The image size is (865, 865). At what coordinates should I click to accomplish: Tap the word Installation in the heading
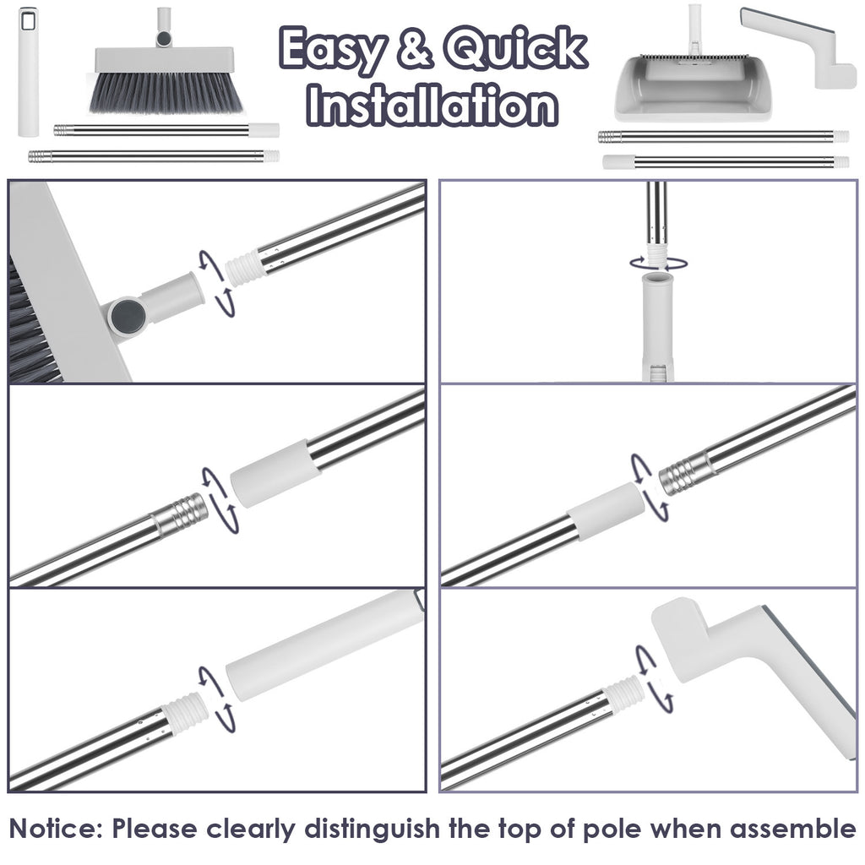pos(433,106)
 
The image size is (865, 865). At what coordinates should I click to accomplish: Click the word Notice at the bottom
pos(56,827)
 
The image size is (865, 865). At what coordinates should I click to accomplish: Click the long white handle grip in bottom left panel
pos(321,645)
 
